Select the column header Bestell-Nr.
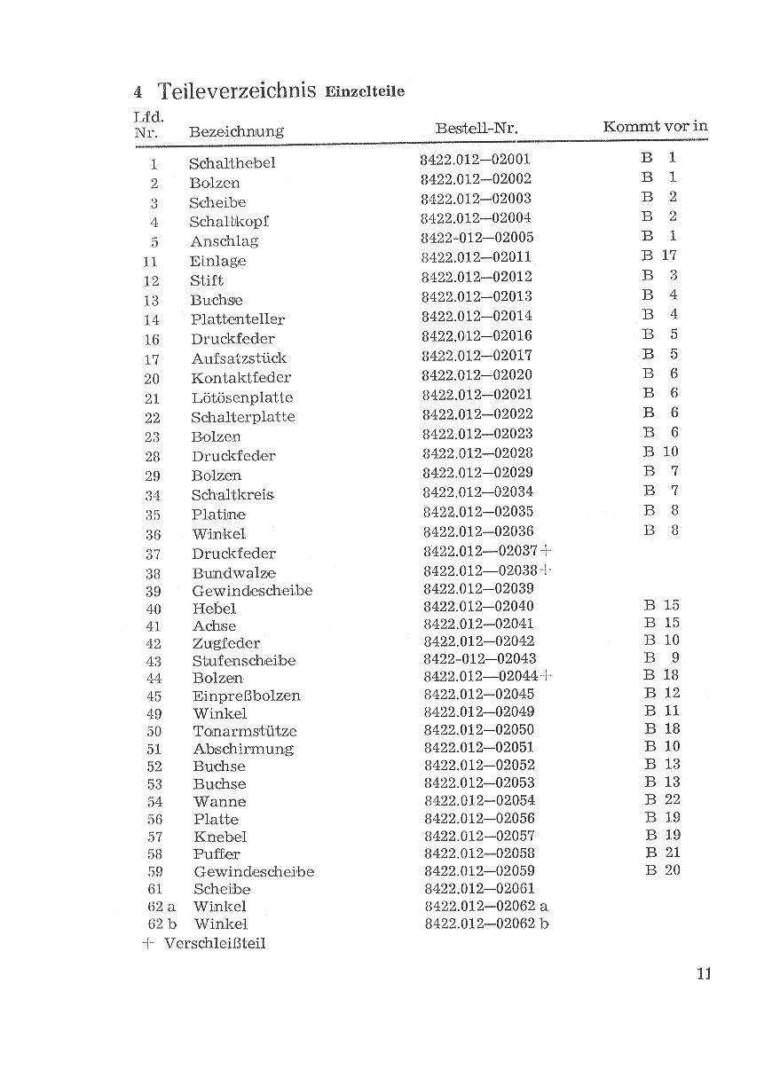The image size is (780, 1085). click(x=477, y=129)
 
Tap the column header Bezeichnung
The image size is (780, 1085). click(x=236, y=131)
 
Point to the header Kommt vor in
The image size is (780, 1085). click(x=655, y=126)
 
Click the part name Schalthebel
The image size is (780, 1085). click(x=232, y=163)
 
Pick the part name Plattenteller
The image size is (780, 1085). click(x=237, y=319)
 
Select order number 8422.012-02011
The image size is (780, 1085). click(x=476, y=257)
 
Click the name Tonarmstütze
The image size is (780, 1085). click(x=245, y=731)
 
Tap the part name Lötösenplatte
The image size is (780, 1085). click(x=241, y=397)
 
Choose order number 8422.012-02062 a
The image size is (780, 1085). click(x=486, y=906)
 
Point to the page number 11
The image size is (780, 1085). click(x=704, y=973)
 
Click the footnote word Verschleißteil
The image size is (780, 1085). click(x=215, y=943)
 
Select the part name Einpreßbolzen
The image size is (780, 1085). click(x=247, y=696)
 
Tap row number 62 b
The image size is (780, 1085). click(x=160, y=924)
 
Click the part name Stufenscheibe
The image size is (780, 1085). click(x=244, y=661)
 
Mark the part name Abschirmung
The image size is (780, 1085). click(x=243, y=749)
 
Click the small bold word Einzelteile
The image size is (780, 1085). click(x=365, y=92)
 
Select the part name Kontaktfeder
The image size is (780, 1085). click(x=240, y=378)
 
